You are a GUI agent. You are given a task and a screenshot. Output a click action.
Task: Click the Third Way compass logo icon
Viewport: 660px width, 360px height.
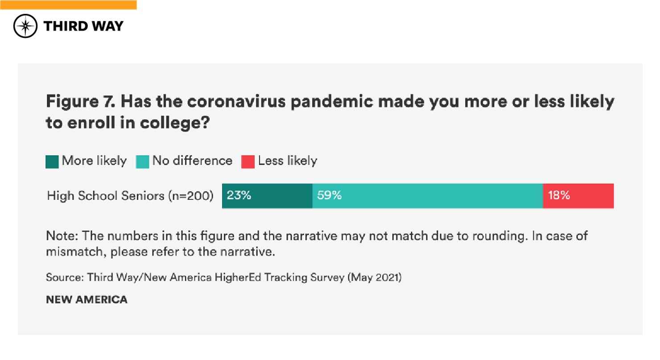click(25, 26)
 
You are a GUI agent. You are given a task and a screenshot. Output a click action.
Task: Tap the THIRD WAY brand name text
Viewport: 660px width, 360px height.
click(83, 26)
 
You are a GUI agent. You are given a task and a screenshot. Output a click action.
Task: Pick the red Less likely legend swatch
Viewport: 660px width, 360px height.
click(248, 161)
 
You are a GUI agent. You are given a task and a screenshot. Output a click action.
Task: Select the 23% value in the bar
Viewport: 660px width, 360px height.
click(239, 195)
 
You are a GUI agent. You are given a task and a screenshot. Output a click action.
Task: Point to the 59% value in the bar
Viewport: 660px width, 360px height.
click(329, 195)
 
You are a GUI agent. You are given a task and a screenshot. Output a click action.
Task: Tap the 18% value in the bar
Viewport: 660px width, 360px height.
click(559, 195)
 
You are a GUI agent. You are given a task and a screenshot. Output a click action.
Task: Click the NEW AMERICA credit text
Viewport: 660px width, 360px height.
click(87, 300)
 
